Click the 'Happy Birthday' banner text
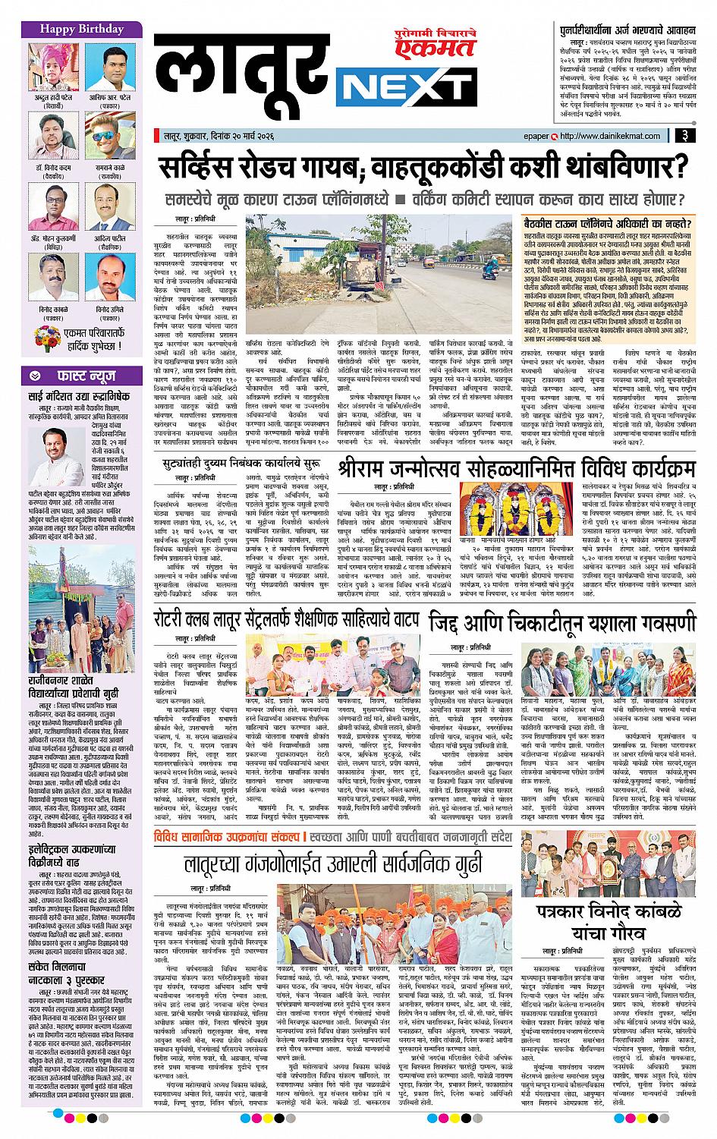(72, 29)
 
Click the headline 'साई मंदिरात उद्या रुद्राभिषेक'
(80, 397)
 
